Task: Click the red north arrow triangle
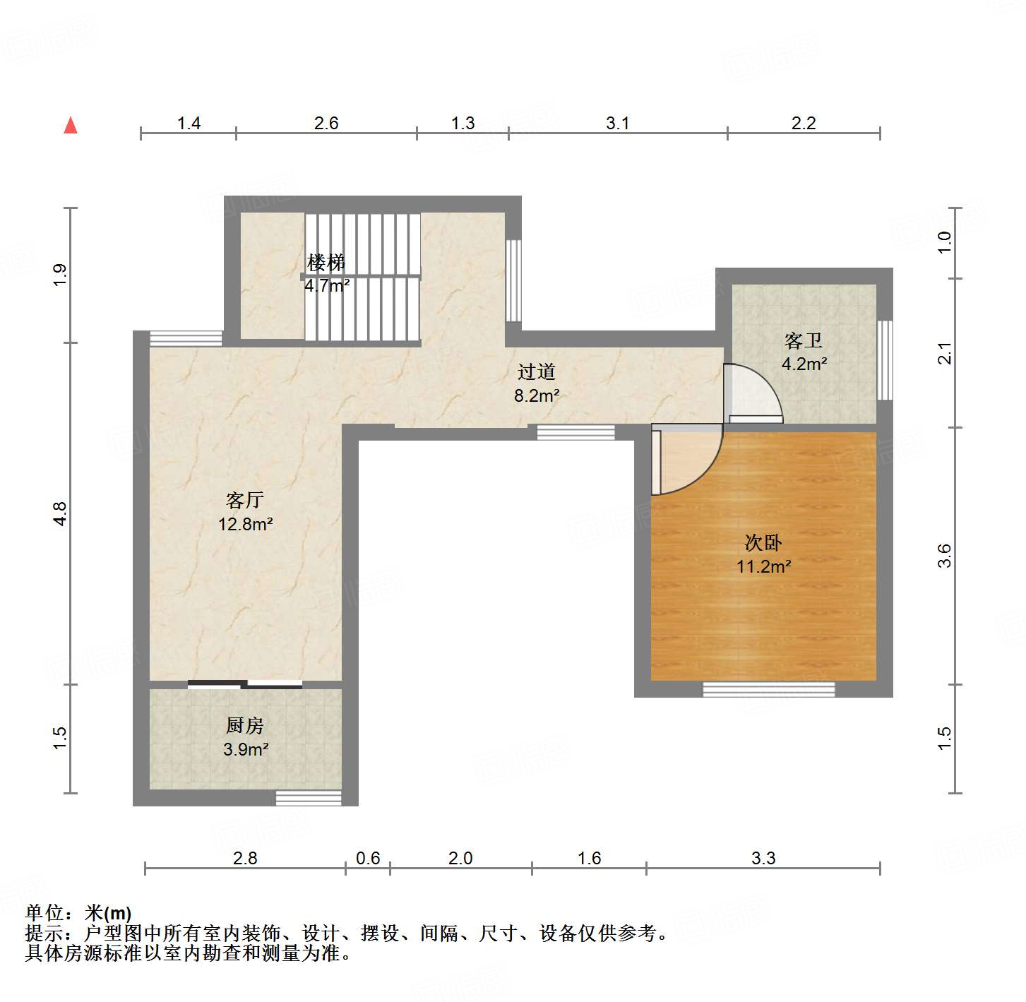click(x=71, y=126)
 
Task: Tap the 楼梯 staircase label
click(x=326, y=263)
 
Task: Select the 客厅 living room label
click(x=244, y=501)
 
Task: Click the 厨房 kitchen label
click(x=245, y=725)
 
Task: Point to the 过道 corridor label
click(x=537, y=372)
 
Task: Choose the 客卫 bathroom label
click(x=804, y=341)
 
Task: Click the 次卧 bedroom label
click(x=763, y=543)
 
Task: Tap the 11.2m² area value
click(x=763, y=566)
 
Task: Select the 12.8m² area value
click(x=245, y=525)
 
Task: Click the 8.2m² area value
click(x=537, y=396)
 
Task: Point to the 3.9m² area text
click(x=246, y=749)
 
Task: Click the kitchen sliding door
click(x=245, y=684)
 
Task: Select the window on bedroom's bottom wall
click(x=768, y=688)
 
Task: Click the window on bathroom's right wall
click(x=884, y=360)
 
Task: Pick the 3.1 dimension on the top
click(x=617, y=124)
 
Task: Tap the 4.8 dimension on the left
click(x=60, y=513)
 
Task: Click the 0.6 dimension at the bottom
click(x=368, y=858)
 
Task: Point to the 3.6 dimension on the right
click(x=945, y=556)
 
